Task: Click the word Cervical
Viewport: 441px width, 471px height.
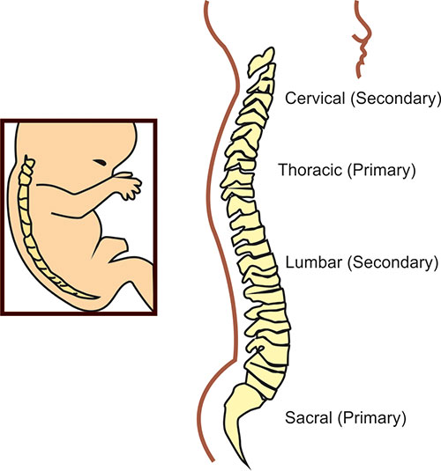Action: tap(315, 99)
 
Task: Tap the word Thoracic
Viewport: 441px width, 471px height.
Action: tap(310, 170)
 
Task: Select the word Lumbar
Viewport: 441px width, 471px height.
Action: tap(313, 262)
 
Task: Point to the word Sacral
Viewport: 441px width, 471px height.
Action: tap(308, 417)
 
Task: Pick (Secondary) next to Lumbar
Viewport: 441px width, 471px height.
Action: tap(392, 263)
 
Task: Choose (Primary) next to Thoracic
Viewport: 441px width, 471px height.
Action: tap(381, 170)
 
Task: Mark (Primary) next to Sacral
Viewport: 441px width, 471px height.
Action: tap(372, 418)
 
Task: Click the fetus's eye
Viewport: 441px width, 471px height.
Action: tap(100, 162)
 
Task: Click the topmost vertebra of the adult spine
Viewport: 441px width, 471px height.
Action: tap(261, 62)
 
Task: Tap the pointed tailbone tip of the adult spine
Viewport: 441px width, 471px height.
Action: tap(248, 467)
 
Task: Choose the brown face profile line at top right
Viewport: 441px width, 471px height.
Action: tap(362, 39)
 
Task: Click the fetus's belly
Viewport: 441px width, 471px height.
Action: tap(72, 238)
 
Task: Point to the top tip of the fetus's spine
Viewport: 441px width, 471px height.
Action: tap(26, 156)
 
